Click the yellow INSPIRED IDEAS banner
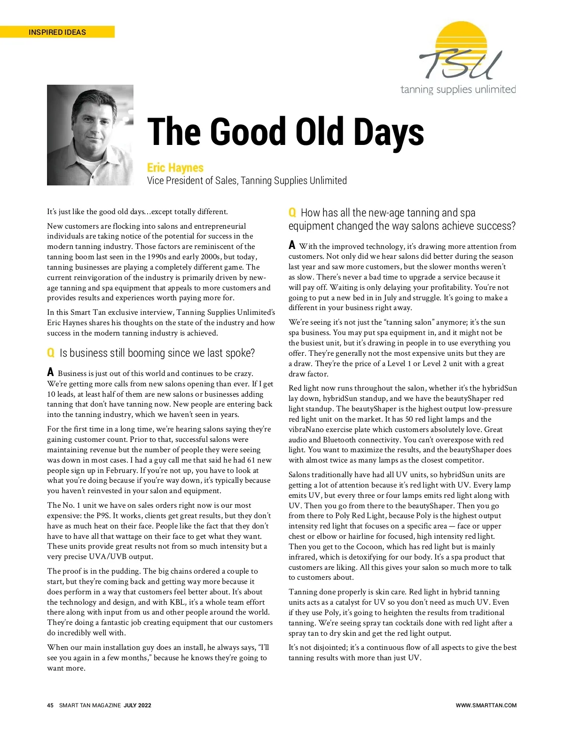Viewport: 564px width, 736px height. (x=57, y=32)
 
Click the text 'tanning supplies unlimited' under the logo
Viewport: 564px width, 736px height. (x=458, y=89)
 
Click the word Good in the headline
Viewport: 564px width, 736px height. (x=248, y=132)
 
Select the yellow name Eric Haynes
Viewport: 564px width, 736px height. (x=175, y=168)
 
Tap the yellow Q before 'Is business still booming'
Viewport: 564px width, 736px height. (x=51, y=353)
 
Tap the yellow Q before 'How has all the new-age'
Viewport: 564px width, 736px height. (x=292, y=213)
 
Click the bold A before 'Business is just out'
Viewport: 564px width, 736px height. (x=50, y=372)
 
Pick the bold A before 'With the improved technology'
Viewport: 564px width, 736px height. (x=292, y=245)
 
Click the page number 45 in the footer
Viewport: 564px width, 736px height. (x=50, y=705)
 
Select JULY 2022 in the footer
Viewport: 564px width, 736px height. (x=137, y=705)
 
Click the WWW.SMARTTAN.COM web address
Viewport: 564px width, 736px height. (x=486, y=705)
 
